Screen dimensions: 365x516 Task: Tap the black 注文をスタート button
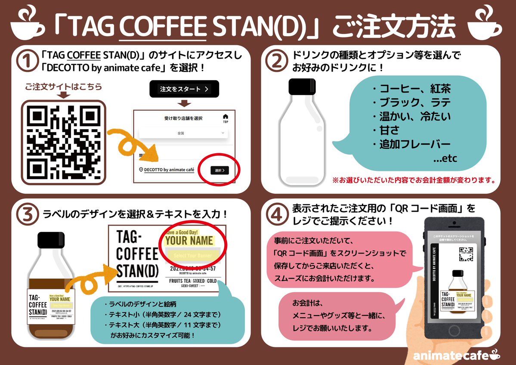(x=184, y=89)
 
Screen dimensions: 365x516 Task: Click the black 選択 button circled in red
(x=220, y=170)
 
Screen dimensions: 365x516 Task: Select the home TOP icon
(x=226, y=118)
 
